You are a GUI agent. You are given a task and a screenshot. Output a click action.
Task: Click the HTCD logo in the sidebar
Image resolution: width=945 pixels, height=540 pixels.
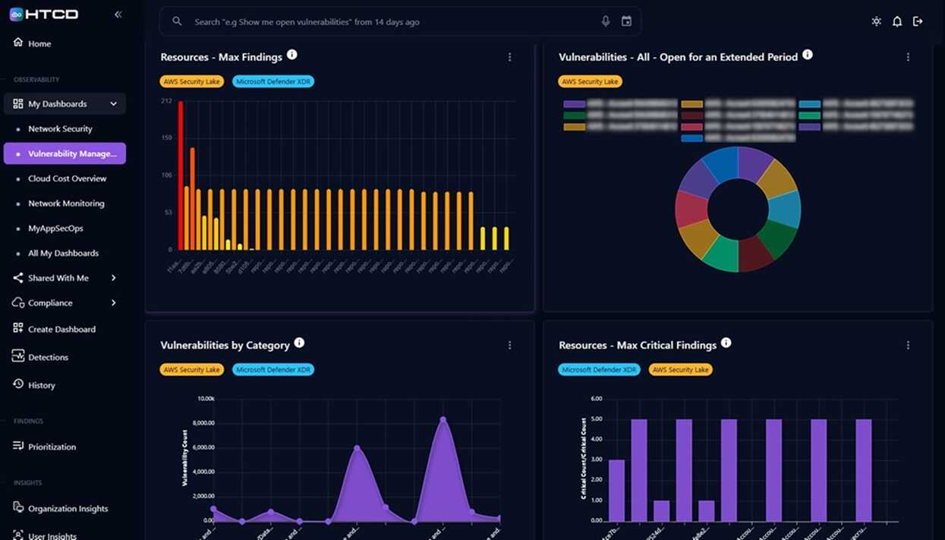44,14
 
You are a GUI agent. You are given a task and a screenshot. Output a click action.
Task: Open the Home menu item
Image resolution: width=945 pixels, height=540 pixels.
39,43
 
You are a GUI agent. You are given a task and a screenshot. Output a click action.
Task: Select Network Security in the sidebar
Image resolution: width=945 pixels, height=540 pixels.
60,129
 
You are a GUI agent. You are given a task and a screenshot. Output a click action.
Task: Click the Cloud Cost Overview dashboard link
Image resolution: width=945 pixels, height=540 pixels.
67,178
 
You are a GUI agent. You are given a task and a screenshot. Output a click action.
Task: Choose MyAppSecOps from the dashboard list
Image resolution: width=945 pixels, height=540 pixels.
55,229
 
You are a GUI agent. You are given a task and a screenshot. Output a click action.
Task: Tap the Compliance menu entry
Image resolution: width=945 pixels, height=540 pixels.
50,303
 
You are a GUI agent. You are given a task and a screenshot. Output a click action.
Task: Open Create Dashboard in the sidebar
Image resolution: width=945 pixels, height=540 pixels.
61,330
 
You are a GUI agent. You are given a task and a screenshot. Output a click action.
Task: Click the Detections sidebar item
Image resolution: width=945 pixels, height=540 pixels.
48,357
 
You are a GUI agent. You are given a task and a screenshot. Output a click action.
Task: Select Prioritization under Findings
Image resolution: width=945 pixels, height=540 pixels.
52,447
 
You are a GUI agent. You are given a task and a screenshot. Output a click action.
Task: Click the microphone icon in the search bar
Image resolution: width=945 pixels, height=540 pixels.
605,21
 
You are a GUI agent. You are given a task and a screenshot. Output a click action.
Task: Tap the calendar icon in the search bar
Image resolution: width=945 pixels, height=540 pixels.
626,21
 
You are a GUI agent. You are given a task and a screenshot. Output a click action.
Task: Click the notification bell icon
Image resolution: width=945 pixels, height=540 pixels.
896,21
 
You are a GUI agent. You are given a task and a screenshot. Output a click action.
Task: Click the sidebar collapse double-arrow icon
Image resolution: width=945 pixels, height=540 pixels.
118,14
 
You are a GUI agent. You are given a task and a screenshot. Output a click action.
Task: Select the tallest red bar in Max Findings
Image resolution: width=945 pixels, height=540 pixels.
181,175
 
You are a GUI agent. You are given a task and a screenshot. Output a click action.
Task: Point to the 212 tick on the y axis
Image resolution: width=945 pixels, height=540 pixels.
167,101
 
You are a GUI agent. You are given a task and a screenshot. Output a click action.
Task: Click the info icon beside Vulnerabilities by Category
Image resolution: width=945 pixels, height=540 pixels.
299,343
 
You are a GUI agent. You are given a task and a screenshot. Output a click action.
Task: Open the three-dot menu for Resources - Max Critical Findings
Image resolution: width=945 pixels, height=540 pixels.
908,346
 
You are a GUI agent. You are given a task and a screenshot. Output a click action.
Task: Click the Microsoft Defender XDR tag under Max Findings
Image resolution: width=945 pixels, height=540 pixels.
273,81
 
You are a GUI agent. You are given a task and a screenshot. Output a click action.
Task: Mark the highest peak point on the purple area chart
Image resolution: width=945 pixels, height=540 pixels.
443,419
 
